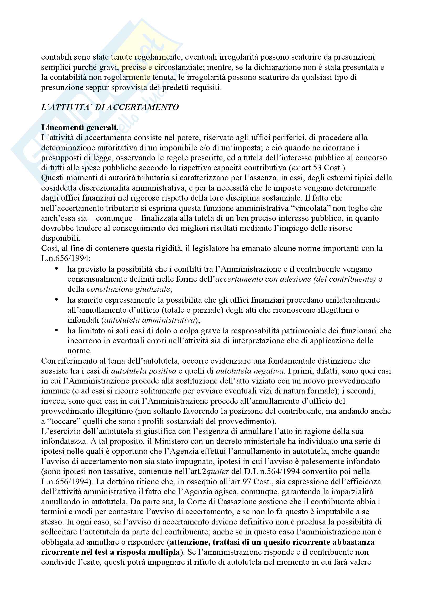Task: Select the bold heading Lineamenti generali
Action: coord(79,128)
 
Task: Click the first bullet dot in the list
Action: coord(56,269)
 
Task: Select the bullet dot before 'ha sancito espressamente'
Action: coord(56,300)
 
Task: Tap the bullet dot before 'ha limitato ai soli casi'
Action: coord(56,330)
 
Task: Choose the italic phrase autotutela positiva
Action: coord(144,371)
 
